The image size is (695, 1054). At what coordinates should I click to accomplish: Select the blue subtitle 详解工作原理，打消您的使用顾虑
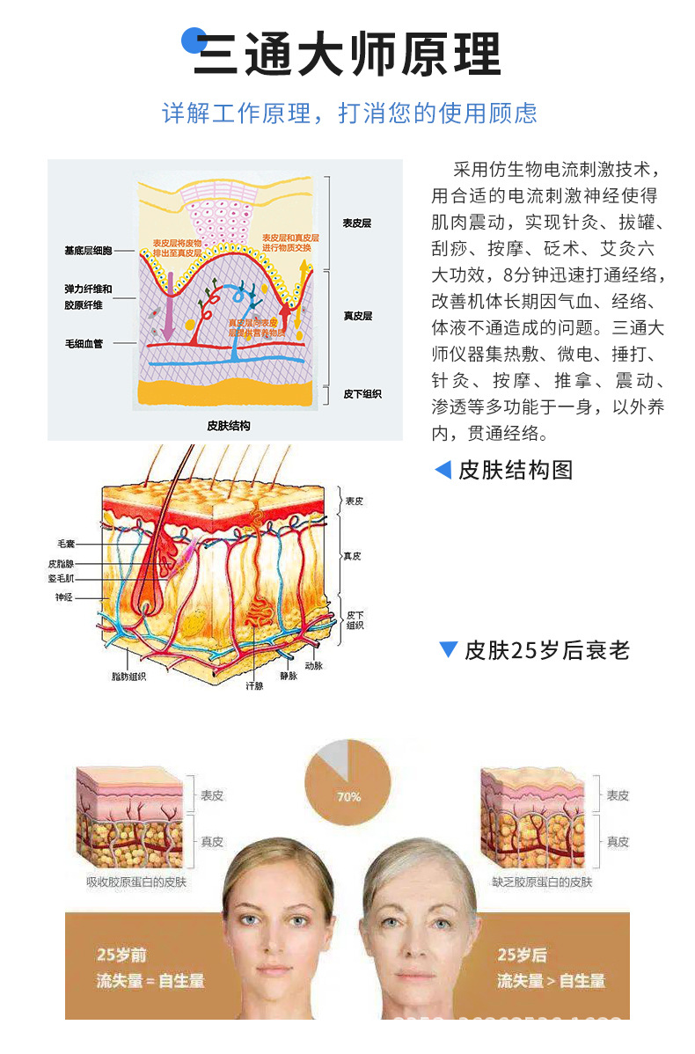click(349, 113)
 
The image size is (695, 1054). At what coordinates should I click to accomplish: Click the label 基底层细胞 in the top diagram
click(88, 251)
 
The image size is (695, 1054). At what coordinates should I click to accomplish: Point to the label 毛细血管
click(84, 343)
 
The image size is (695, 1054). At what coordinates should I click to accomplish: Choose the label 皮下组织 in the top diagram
click(362, 394)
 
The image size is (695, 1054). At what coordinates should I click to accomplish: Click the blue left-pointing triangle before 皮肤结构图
click(443, 470)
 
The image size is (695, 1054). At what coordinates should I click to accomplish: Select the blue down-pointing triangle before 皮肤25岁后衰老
click(448, 650)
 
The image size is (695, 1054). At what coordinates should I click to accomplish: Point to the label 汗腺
click(254, 684)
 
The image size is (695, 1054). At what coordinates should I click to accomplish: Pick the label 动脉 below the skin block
click(314, 667)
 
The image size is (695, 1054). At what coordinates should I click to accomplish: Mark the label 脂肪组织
click(128, 676)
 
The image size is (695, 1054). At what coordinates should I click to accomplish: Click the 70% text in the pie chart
click(348, 797)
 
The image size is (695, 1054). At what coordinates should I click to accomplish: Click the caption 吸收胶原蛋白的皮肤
click(136, 882)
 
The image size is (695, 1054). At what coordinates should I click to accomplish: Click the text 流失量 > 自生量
click(551, 980)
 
